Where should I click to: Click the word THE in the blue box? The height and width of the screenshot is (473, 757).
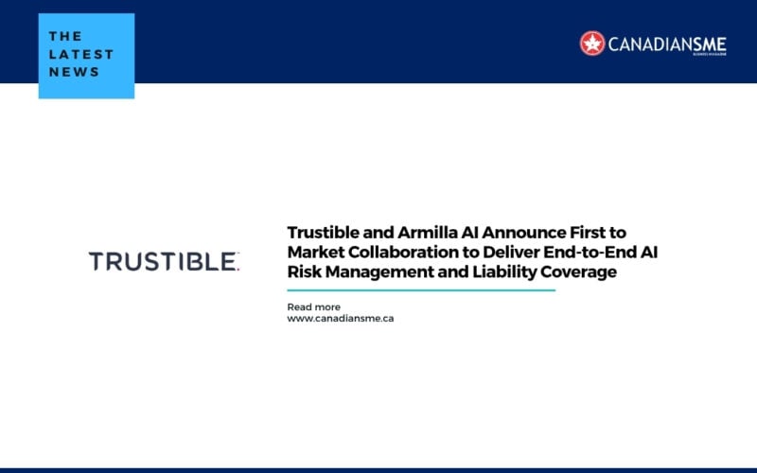64,35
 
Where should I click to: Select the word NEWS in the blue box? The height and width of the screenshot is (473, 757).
74,72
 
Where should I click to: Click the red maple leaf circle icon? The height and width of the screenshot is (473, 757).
592,43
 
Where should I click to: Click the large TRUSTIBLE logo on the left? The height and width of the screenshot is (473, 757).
164,262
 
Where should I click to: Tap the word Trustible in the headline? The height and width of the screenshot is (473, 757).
326,232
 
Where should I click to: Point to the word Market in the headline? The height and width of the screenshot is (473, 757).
315,252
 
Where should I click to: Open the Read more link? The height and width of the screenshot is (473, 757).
313,307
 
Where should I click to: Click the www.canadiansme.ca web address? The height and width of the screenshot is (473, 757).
341,319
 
